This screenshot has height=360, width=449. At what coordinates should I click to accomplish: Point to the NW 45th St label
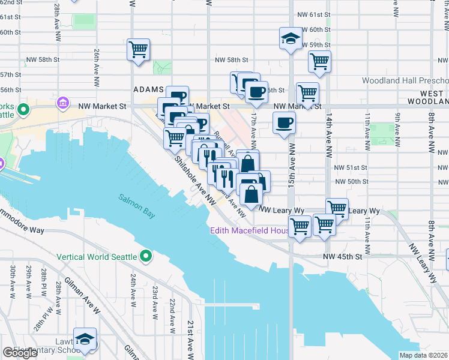pyautogui.click(x=344, y=256)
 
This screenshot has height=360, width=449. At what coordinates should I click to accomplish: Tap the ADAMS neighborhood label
pyautogui.click(x=148, y=89)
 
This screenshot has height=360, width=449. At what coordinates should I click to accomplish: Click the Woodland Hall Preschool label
pyautogui.click(x=405, y=80)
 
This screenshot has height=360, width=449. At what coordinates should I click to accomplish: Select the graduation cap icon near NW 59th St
pyautogui.click(x=290, y=40)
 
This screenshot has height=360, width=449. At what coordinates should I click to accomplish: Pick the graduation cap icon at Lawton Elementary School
pyautogui.click(x=85, y=338)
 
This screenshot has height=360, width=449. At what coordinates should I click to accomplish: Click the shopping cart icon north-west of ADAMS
pyautogui.click(x=138, y=49)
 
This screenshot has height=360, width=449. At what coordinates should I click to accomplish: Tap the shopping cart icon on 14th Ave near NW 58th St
pyautogui.click(x=319, y=61)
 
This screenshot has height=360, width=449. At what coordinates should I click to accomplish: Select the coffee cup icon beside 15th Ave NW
pyautogui.click(x=284, y=123)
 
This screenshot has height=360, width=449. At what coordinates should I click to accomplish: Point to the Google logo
pyautogui.click(x=20, y=353)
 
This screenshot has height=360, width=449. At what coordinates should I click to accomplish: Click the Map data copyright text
pyautogui.click(x=424, y=355)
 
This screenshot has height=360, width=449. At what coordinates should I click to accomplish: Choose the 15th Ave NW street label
pyautogui.click(x=291, y=172)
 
